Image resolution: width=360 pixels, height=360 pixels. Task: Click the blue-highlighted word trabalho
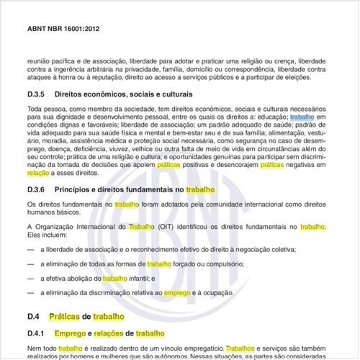[302, 117]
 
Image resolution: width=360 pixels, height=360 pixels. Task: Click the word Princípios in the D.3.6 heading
[69, 190]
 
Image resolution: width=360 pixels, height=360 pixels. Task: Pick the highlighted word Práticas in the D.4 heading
[64, 317]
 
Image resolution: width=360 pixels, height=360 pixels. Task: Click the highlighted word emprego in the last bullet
[176, 293]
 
